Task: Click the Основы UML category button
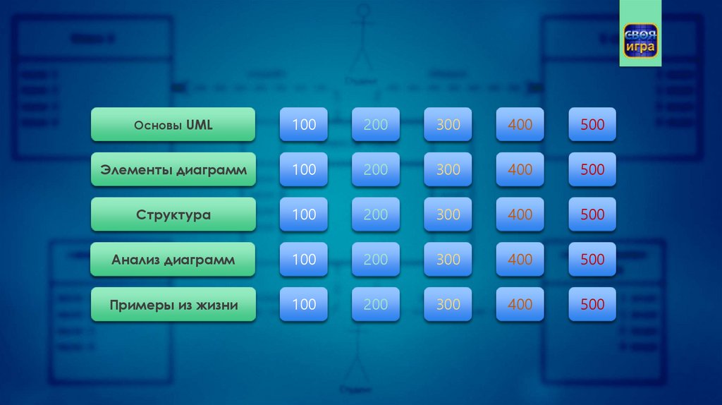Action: (173, 125)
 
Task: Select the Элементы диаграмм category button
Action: (173, 169)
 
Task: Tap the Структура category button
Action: (173, 214)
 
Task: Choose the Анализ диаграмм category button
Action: (173, 260)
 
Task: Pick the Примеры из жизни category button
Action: (173, 305)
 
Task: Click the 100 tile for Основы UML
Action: (304, 125)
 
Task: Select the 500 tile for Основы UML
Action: (592, 125)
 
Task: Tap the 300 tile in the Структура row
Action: (448, 214)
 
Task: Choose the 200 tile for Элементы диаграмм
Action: (376, 169)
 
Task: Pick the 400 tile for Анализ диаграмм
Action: (520, 260)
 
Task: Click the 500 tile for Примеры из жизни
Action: (592, 305)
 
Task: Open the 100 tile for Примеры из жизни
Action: (304, 305)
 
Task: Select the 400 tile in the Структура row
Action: (520, 214)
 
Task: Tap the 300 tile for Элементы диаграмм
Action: (448, 169)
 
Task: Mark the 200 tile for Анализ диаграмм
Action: (376, 260)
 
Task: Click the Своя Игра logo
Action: (640, 40)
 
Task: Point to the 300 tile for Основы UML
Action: (448, 125)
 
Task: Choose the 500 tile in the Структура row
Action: (592, 214)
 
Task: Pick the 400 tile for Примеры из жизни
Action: (520, 305)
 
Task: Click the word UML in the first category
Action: (200, 125)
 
